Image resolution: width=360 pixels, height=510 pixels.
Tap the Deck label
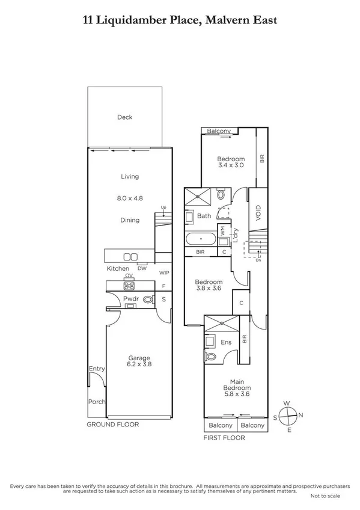(124, 117)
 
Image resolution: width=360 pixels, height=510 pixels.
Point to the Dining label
(129, 220)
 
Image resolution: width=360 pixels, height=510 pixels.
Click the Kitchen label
(118, 268)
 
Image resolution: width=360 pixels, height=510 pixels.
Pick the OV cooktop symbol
(129, 284)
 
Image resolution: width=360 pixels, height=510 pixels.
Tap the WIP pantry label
(163, 272)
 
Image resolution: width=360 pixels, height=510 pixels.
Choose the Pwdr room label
(131, 298)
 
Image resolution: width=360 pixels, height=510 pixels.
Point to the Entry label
(97, 369)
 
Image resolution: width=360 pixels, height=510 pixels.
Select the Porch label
(97, 402)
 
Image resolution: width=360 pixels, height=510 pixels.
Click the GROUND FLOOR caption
(113, 425)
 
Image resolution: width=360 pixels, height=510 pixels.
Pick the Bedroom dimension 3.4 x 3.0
(229, 165)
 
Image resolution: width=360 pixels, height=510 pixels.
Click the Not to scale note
(325, 496)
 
